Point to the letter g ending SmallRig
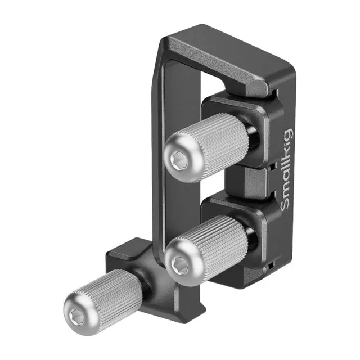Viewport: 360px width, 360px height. click(287, 135)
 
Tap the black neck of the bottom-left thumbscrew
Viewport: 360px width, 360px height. click(145, 284)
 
